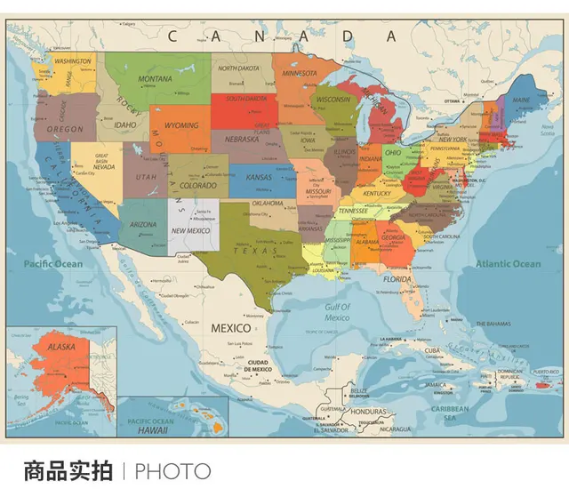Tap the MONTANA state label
(155, 79)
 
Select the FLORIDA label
(397, 278)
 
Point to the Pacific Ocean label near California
(53, 264)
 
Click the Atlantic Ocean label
(507, 264)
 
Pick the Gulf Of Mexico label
(337, 312)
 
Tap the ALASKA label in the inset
(61, 347)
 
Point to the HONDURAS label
(367, 412)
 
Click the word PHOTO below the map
(173, 471)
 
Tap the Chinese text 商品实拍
(68, 471)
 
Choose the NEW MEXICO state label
(190, 230)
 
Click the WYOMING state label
(181, 125)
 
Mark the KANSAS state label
(258, 177)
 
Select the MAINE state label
(520, 100)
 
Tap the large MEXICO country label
(230, 328)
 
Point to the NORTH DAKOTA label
(239, 68)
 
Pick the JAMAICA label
(435, 384)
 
